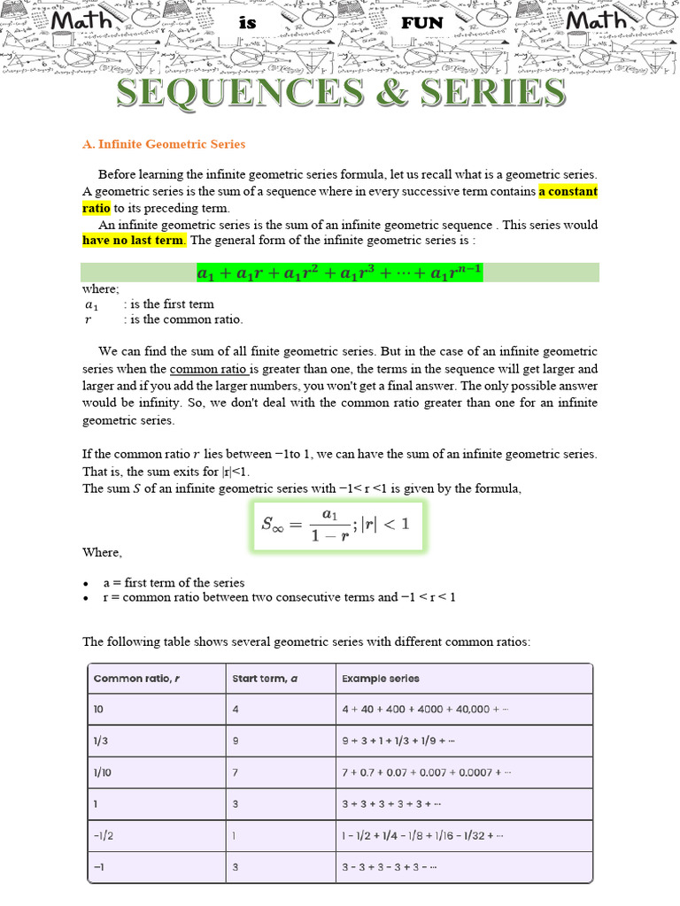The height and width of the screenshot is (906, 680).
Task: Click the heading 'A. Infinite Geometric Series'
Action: tap(164, 144)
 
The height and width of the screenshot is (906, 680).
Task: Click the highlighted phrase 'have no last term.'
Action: tap(135, 240)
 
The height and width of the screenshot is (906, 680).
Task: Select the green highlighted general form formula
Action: tap(339, 273)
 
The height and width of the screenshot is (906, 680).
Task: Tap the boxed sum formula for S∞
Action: tap(336, 526)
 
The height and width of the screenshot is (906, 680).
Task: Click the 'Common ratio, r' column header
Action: tap(137, 679)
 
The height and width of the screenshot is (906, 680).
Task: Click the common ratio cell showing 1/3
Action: tap(103, 741)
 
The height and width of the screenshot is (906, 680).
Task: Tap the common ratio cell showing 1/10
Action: tap(104, 772)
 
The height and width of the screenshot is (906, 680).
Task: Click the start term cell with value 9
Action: tap(236, 741)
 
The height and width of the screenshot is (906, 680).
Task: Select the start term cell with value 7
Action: tap(236, 772)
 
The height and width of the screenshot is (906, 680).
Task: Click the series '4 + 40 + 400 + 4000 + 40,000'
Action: tap(425, 710)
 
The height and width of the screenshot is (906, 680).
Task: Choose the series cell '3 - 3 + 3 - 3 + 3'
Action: tap(390, 867)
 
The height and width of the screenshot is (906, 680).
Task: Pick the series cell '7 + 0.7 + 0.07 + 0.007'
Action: tap(426, 772)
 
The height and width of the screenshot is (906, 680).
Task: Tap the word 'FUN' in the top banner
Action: tap(421, 23)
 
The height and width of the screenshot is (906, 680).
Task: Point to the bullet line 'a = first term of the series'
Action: tap(174, 583)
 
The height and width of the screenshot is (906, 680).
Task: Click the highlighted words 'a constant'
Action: tap(568, 191)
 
